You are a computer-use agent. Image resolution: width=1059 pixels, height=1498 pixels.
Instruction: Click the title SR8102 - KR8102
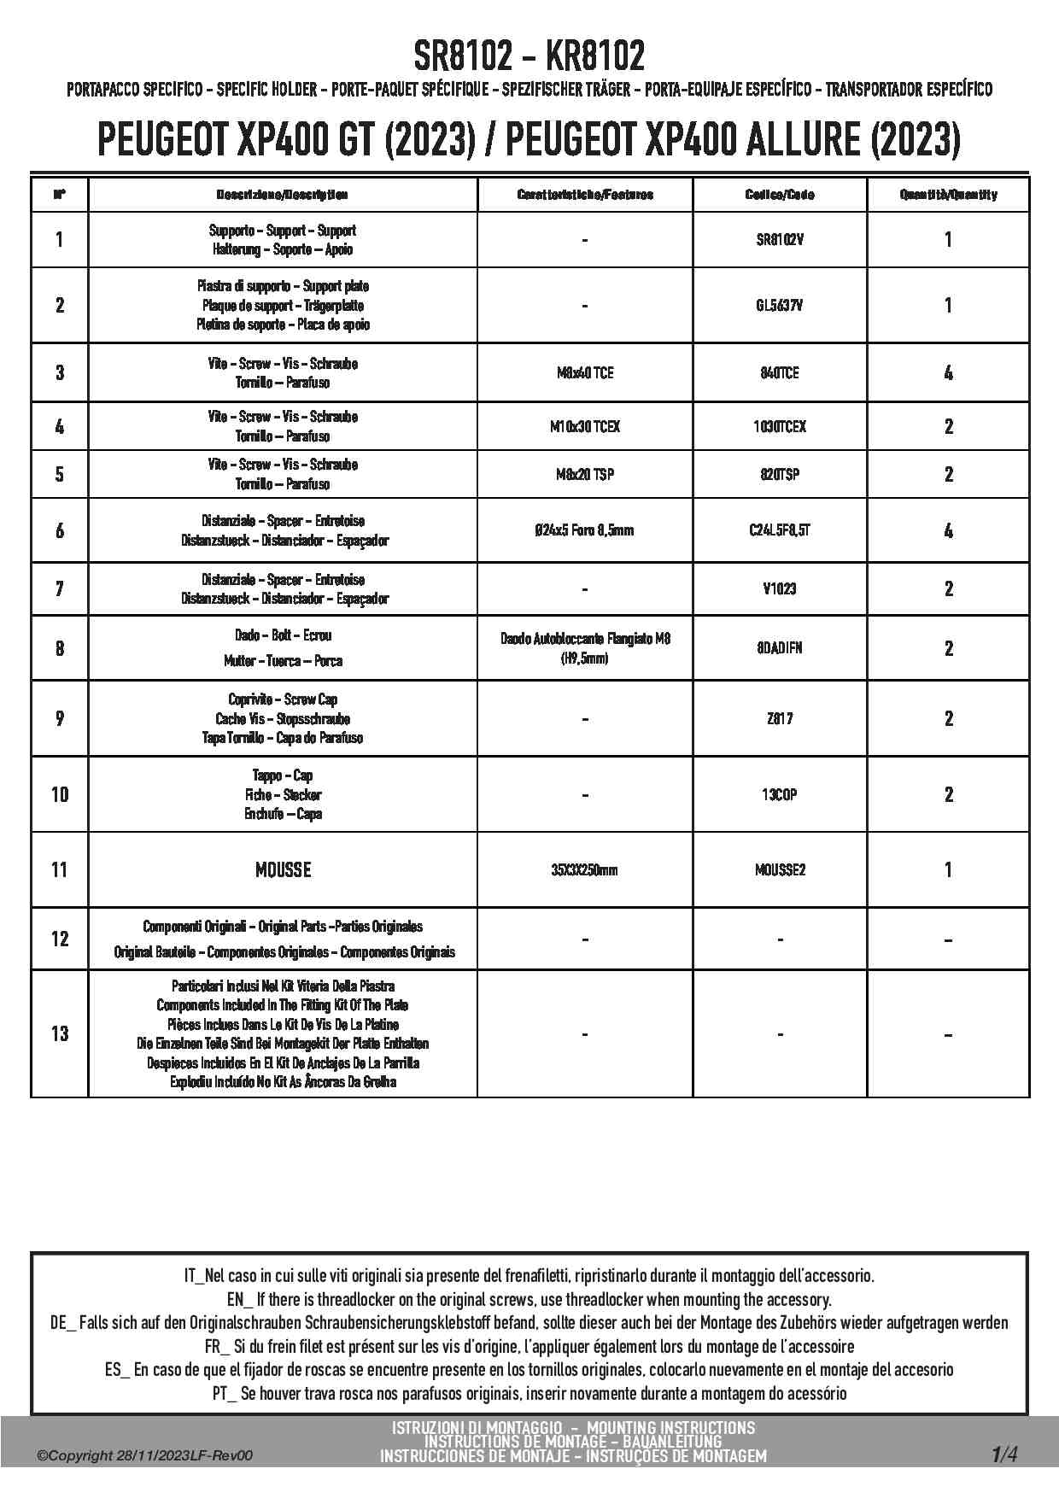[x=529, y=56]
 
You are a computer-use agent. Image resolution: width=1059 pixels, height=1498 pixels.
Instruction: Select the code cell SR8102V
[x=780, y=240]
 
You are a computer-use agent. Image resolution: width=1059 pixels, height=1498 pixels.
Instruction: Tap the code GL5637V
[x=780, y=305]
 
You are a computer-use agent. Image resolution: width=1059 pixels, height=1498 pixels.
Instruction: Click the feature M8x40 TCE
[x=584, y=373]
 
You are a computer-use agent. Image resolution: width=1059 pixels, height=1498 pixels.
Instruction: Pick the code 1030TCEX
[x=780, y=426]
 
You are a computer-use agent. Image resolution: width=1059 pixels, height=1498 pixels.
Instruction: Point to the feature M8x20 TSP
[x=584, y=474]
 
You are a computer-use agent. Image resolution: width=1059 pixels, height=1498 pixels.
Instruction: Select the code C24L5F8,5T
[x=780, y=530]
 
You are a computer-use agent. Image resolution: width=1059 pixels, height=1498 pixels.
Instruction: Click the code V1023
[x=780, y=588]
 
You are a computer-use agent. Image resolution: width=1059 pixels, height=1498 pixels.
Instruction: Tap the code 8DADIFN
[x=780, y=648]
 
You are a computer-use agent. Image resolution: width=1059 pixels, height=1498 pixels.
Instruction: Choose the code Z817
[x=780, y=718]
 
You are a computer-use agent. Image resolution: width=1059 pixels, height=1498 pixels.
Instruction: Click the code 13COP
[x=780, y=794]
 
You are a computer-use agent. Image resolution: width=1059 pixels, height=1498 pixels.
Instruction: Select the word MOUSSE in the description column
[x=283, y=869]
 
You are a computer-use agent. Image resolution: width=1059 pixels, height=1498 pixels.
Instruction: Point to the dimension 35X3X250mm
[x=584, y=870]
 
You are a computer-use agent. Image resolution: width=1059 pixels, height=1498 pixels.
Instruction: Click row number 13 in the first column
[x=59, y=1033]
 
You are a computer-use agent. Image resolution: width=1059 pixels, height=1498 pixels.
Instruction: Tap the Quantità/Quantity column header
[x=948, y=195]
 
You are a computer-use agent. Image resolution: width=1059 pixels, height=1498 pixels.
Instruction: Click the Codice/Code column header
[x=780, y=195]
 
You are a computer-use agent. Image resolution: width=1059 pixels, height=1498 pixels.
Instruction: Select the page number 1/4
[x=1004, y=1454]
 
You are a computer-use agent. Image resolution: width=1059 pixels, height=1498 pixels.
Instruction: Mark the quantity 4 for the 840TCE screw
[x=948, y=373]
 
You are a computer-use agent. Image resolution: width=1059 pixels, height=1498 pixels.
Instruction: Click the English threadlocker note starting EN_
[x=529, y=1300]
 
